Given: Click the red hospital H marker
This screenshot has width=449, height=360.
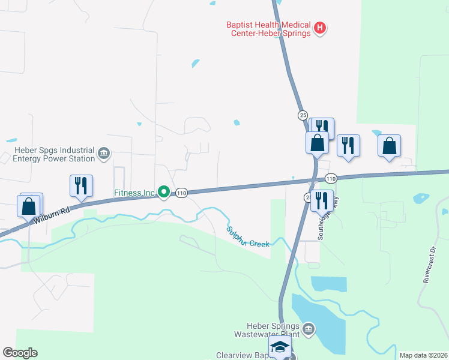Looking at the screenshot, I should pyautogui.click(x=320, y=28).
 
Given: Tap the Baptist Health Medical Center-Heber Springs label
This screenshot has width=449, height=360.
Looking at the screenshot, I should pyautogui.click(x=268, y=29).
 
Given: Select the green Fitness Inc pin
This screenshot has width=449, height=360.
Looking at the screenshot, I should pyautogui.click(x=163, y=193).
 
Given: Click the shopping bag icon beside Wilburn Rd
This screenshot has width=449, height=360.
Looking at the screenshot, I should pyautogui.click(x=29, y=207).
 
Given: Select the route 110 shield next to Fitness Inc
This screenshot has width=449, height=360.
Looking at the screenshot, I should pyautogui.click(x=182, y=193).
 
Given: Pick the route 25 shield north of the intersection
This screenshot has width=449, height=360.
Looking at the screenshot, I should pyautogui.click(x=303, y=115).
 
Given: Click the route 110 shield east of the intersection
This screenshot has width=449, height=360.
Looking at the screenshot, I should pyautogui.click(x=331, y=179).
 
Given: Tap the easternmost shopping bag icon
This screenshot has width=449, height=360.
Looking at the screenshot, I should pyautogui.click(x=390, y=145).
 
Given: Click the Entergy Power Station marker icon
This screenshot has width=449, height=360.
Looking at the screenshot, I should pyautogui.click(x=104, y=154).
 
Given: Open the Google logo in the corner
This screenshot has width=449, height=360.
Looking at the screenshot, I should pyautogui.click(x=20, y=353).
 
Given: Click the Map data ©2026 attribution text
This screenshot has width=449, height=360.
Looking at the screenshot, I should pyautogui.click(x=423, y=355).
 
